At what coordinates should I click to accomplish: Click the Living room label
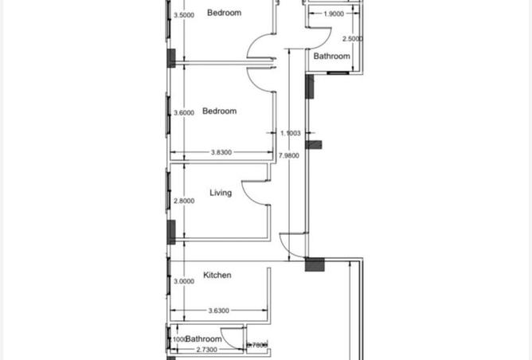pos(221,193)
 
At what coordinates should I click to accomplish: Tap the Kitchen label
pos(217,276)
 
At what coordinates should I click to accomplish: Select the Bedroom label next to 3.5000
pos(224,13)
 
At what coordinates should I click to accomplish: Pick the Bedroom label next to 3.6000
pos(220,112)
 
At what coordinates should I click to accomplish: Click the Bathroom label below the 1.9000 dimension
pos(331,57)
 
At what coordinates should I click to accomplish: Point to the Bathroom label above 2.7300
pos(203,339)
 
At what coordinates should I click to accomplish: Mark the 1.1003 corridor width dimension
pos(291,134)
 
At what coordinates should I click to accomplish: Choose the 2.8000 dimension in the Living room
pos(184,202)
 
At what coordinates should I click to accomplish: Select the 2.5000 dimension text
pos(352,39)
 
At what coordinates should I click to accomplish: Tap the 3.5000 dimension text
pos(184,15)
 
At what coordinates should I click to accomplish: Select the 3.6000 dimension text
pos(184,113)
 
